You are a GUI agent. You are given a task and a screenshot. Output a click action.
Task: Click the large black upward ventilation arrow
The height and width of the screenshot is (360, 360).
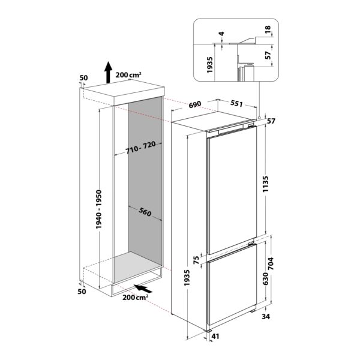[107, 71]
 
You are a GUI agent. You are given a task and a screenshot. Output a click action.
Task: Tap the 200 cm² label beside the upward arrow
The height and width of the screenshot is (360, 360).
[128, 75]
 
